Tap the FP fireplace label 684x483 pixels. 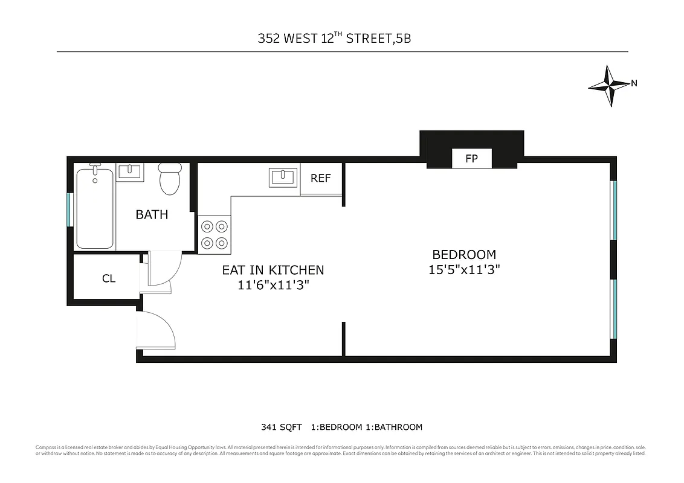(x=471, y=159)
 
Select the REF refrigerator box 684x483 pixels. (x=320, y=178)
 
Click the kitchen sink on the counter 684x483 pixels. (x=282, y=178)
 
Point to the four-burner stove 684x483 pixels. (x=215, y=234)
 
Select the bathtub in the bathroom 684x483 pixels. (x=95, y=208)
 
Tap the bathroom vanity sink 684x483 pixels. (x=130, y=172)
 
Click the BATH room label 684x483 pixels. (x=152, y=214)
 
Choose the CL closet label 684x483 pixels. (x=109, y=278)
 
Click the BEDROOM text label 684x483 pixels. (x=463, y=255)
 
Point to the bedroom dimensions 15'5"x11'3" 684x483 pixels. (x=463, y=270)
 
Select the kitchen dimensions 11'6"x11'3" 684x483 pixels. (x=273, y=286)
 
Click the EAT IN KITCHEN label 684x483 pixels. (x=273, y=270)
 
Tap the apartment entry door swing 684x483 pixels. (x=156, y=330)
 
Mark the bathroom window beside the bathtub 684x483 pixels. (x=69, y=209)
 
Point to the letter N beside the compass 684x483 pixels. (x=634, y=84)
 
